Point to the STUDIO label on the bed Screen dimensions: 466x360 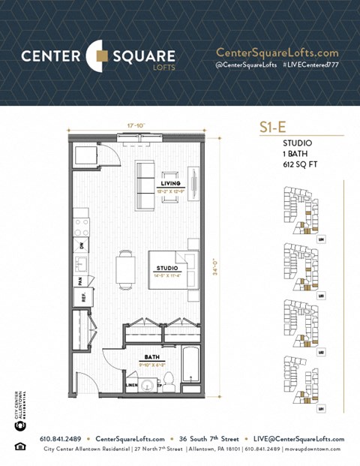point(166,268)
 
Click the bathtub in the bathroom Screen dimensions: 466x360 point(190,368)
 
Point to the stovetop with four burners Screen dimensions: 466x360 point(81,227)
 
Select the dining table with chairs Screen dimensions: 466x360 point(125,269)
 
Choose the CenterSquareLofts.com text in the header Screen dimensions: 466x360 point(277,53)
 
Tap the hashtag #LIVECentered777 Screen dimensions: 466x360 point(311,66)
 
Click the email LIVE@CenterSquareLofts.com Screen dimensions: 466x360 point(298,439)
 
